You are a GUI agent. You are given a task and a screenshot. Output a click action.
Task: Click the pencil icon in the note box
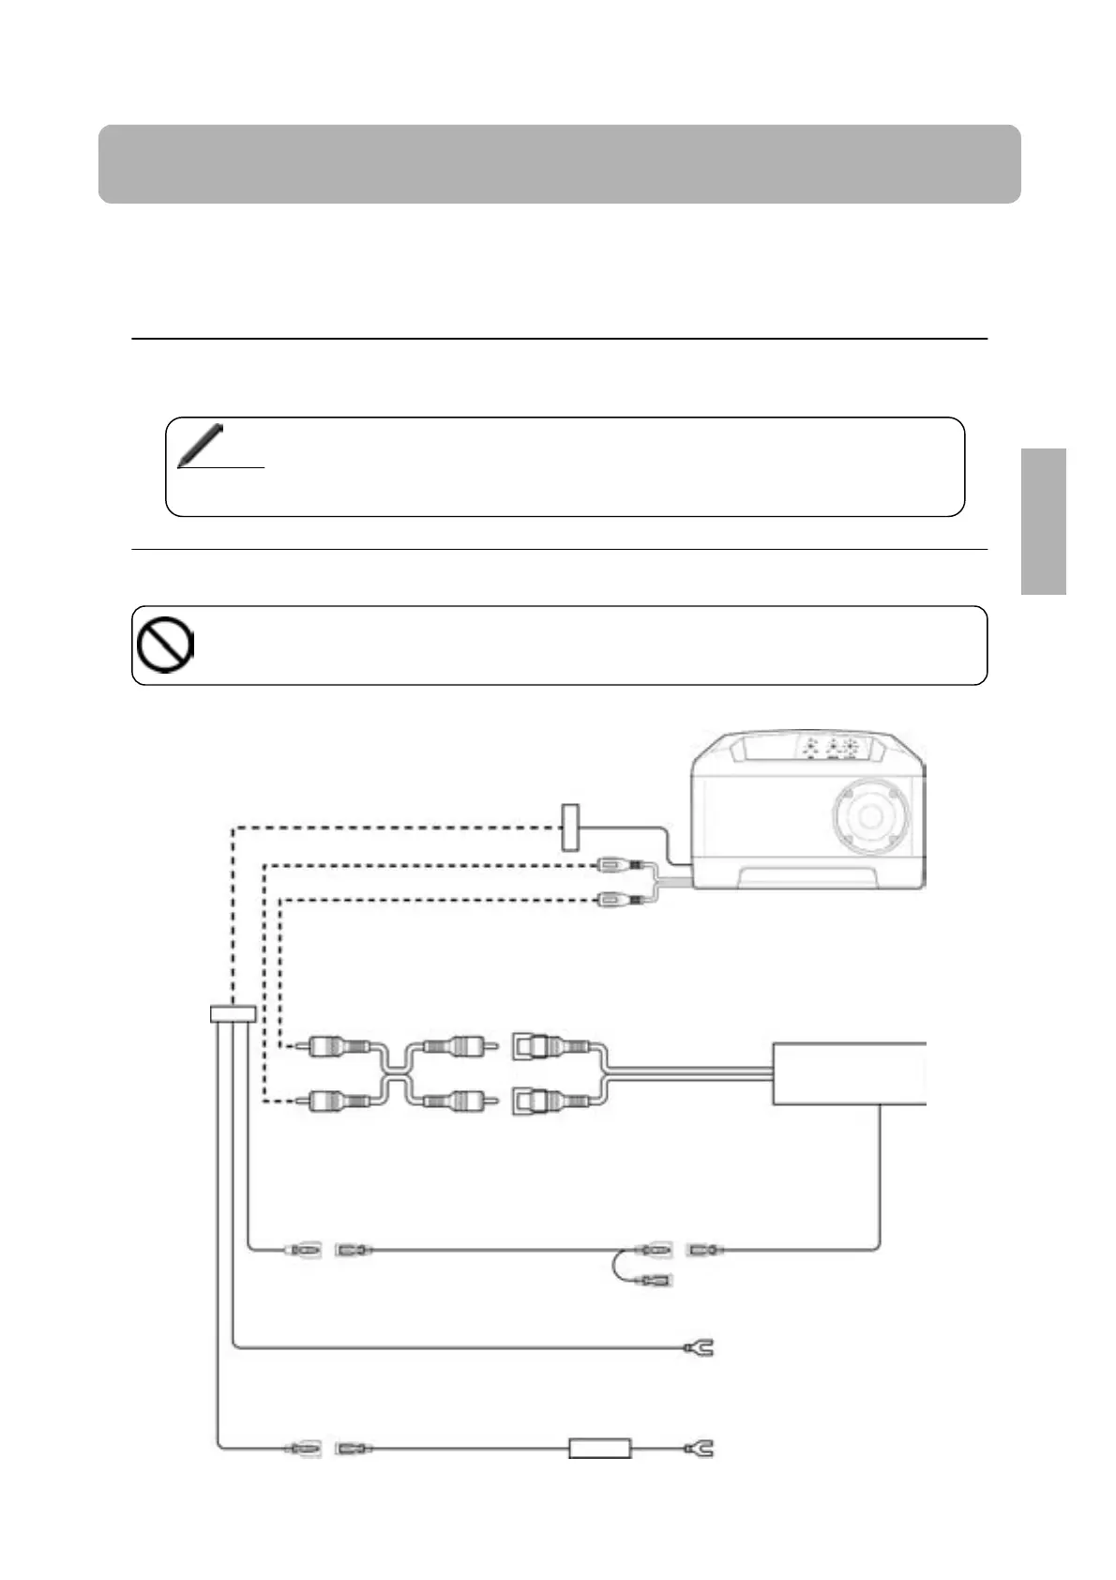pos(201,444)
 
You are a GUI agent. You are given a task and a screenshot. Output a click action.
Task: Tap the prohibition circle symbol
pos(165,646)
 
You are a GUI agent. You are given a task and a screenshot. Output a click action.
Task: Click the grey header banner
pos(559,164)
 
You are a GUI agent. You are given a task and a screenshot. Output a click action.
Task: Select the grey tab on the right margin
pos(1044,521)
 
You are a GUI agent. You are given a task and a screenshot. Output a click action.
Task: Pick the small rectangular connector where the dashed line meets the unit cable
pos(570,827)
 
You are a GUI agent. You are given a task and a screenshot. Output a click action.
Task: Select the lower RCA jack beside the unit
pos(618,902)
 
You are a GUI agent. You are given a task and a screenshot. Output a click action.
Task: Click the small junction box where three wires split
pos(232,1014)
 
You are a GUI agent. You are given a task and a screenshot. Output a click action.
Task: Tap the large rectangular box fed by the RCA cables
pos(849,1072)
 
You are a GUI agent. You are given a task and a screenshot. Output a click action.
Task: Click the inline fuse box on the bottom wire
pos(600,1449)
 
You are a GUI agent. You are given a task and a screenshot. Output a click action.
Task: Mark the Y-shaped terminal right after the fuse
pos(700,1449)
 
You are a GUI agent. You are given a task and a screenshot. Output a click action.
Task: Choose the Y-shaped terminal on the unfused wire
pos(700,1349)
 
